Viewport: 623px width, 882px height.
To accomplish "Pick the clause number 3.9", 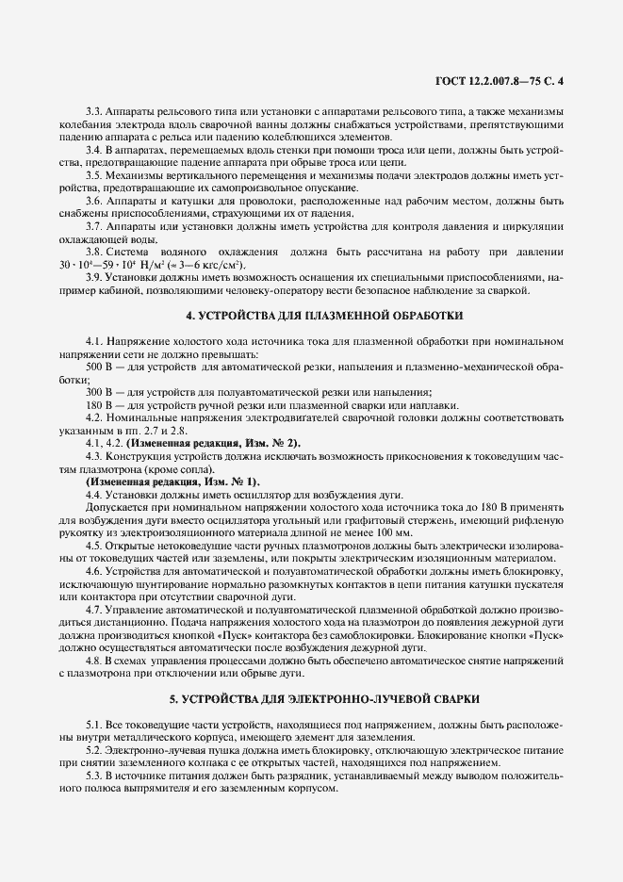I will click(x=95, y=277).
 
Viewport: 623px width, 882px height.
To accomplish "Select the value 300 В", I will click(x=100, y=390).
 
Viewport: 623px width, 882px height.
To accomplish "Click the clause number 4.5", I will click(x=95, y=546).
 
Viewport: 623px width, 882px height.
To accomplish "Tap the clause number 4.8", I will click(x=95, y=661).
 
